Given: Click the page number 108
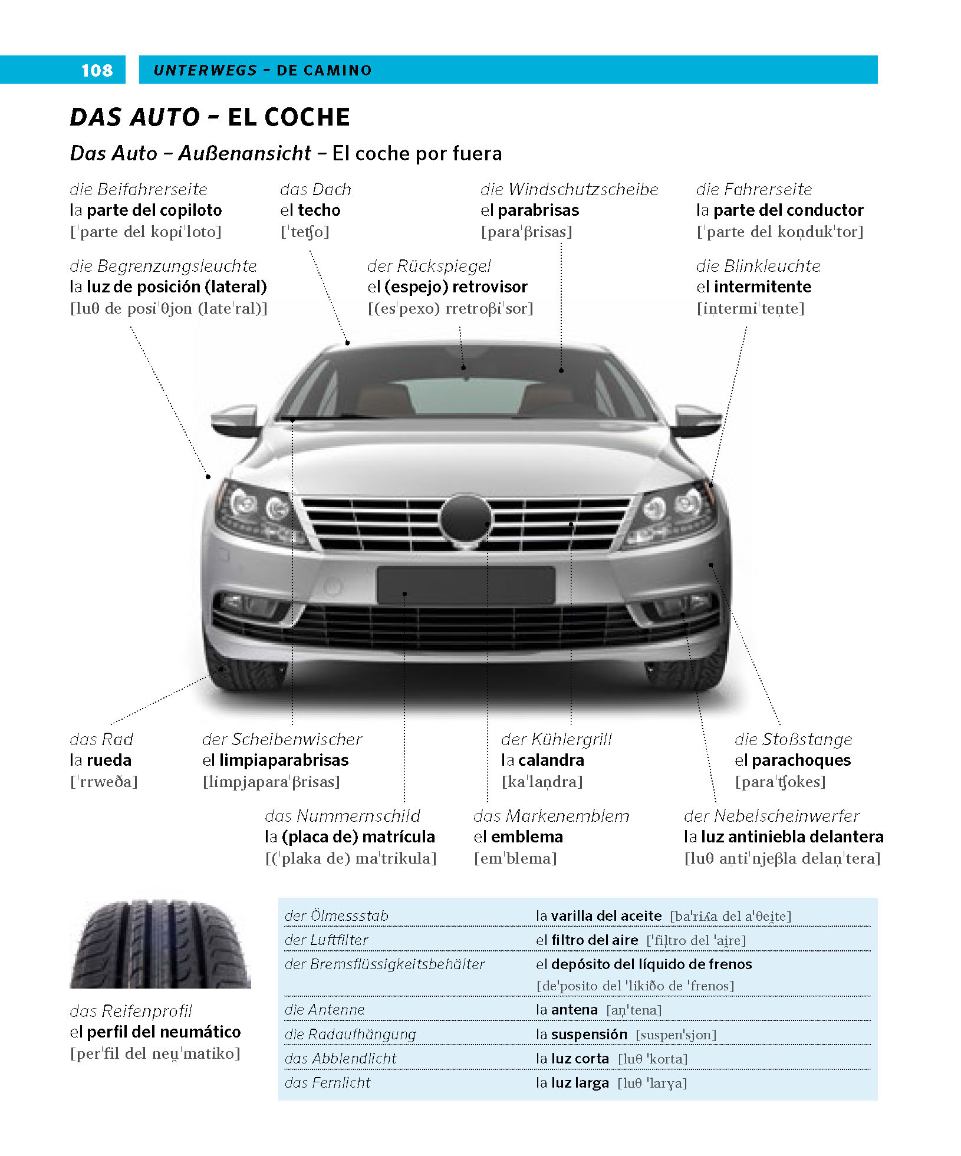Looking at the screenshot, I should click(x=97, y=70).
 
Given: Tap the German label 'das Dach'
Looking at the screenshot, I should click(x=315, y=189).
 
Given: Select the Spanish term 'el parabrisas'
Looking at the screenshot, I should click(x=529, y=210).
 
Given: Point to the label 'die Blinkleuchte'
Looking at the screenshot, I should click(x=758, y=266).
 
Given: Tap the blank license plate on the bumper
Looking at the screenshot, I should click(x=466, y=585).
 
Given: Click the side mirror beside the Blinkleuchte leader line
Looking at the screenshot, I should click(x=697, y=419).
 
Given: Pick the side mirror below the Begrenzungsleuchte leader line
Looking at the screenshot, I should click(x=235, y=419).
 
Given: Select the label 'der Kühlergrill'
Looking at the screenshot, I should click(x=556, y=739).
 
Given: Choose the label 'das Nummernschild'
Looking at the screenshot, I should click(x=342, y=816).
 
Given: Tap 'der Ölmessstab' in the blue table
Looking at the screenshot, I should click(x=336, y=915).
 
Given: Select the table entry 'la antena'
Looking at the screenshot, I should click(x=567, y=1010).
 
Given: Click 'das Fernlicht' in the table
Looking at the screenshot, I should click(x=327, y=1083).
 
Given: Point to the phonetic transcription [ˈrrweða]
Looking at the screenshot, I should click(x=104, y=782).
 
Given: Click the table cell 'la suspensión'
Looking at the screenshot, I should click(x=581, y=1035).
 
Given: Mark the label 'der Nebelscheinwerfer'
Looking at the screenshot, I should click(x=771, y=816).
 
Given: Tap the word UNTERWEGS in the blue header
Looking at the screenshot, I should click(x=205, y=70).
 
